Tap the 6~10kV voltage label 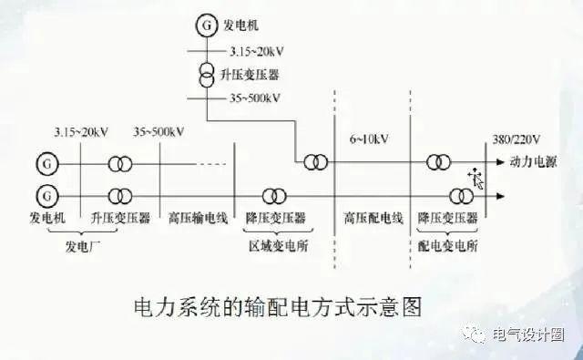click(370, 139)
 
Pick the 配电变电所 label click(447, 245)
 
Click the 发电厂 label click(87, 245)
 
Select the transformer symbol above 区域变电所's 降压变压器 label click(273, 195)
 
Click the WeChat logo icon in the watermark click(476, 335)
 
